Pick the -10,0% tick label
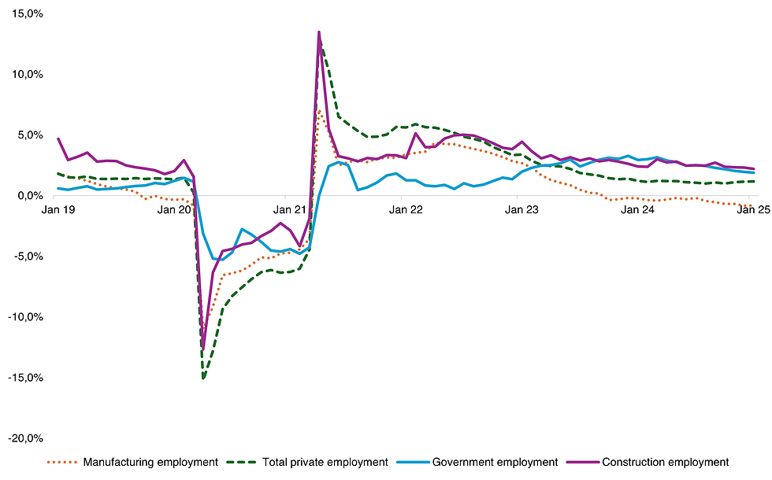[x=27, y=317]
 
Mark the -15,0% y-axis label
[x=27, y=378]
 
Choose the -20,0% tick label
[x=27, y=438]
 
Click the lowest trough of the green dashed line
[x=203, y=378]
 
